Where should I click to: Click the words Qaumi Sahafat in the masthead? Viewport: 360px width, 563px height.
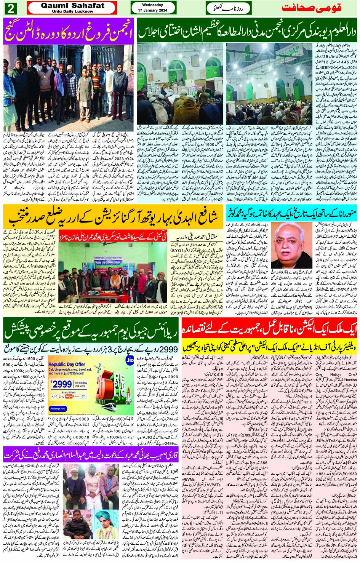(x=72, y=5)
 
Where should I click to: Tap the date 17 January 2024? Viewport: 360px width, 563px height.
(x=152, y=10)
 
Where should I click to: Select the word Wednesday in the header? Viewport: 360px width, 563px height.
(x=152, y=5)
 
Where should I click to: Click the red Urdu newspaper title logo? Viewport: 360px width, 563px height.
(x=311, y=8)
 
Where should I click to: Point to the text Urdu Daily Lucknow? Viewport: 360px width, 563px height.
(x=72, y=11)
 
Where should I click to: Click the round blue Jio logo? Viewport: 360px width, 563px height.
(x=130, y=360)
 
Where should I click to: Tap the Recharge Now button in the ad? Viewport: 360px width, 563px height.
(x=58, y=408)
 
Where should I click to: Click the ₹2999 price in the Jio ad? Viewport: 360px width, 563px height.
(x=61, y=384)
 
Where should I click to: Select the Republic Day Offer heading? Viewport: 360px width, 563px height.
(x=67, y=365)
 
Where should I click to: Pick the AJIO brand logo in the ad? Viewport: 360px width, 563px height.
(x=54, y=397)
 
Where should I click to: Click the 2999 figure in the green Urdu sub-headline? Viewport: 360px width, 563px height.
(x=168, y=349)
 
